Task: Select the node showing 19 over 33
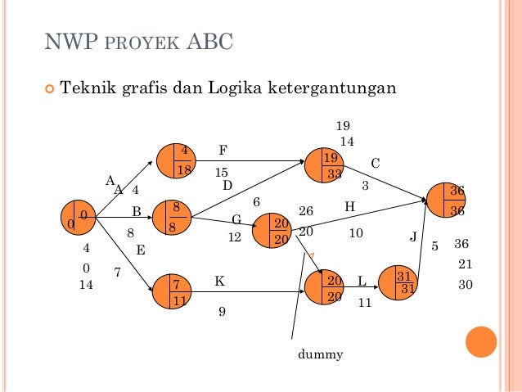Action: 324,165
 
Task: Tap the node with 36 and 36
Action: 447,201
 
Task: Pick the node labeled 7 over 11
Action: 171,291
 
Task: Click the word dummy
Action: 321,354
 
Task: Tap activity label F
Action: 223,151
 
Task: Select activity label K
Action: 219,281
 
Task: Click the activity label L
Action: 362,282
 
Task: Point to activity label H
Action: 349,208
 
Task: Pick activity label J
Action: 413,237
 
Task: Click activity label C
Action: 376,164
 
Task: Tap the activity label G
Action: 236,220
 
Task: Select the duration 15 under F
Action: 222,173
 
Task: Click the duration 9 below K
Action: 222,311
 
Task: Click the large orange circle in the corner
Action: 481,343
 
